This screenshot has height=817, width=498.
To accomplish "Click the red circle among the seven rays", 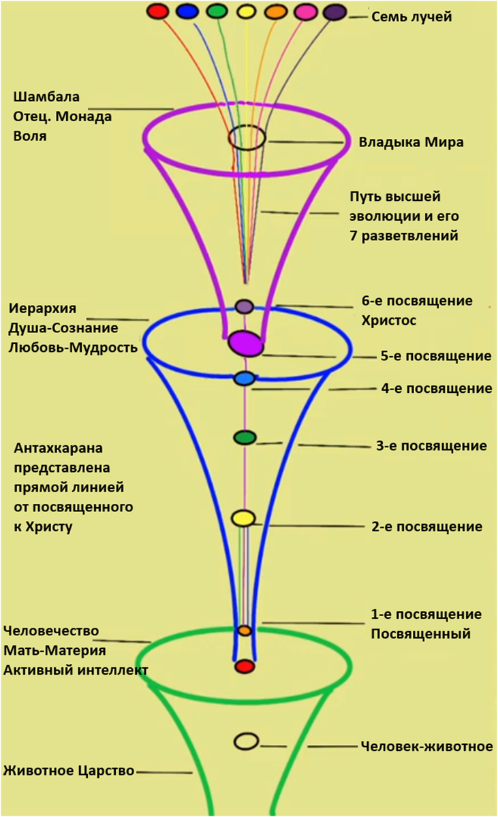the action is point(158,11).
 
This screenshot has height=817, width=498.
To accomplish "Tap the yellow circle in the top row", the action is point(246,12).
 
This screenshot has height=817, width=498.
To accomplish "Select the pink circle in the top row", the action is point(305,12).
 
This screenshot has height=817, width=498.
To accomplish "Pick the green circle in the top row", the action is point(217,11).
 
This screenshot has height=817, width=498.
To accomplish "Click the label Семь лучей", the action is point(411,17).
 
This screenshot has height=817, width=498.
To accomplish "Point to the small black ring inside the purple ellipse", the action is point(246,138).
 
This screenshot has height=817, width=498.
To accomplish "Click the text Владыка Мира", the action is point(411,142).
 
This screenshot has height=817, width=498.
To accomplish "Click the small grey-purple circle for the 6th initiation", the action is point(245,306).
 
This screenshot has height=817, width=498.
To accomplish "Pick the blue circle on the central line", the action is point(244,378).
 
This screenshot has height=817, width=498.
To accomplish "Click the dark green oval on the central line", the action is point(245,437).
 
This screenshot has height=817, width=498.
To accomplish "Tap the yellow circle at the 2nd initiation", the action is point(243,518).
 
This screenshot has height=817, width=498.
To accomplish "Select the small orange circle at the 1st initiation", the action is point(245,630).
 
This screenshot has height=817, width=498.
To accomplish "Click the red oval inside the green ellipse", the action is point(245,667).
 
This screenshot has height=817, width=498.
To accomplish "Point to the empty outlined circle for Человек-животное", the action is point(246,741).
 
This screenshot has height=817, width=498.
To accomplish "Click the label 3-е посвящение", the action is point(431,447).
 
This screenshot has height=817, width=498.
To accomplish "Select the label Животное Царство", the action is point(68,771).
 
